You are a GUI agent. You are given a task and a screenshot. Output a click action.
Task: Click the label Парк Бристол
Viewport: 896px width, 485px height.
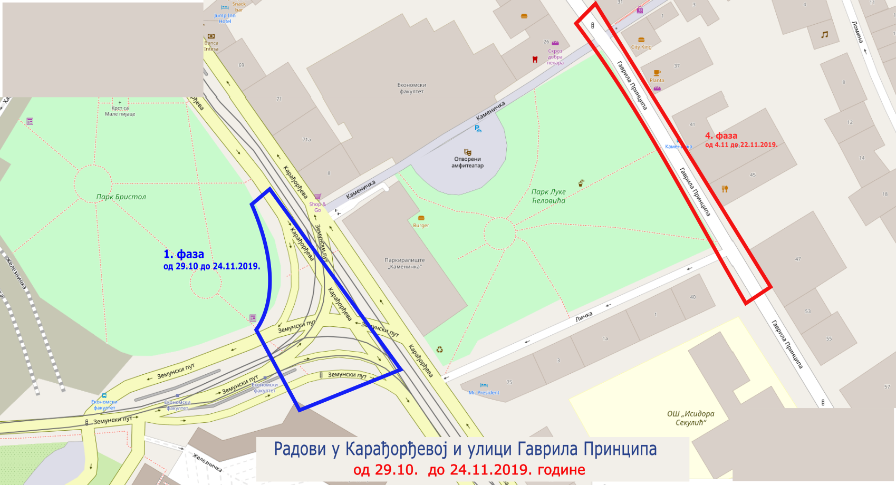point(121,197)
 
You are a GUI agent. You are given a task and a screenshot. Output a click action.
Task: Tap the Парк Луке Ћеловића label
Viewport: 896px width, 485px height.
point(548,196)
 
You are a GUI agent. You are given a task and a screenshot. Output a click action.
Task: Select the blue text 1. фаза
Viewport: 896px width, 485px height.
point(184,254)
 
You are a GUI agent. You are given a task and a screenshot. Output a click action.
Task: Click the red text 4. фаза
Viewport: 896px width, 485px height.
point(721,135)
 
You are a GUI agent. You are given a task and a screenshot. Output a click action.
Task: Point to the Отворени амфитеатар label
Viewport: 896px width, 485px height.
point(467,162)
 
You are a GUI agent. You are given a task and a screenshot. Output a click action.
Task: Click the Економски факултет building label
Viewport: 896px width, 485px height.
point(411,88)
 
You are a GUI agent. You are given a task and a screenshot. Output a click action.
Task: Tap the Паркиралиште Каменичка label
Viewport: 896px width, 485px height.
point(404,263)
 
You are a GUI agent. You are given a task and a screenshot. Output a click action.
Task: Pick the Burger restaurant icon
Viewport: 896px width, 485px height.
point(421,218)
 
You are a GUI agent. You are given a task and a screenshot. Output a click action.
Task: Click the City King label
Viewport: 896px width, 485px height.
point(641,47)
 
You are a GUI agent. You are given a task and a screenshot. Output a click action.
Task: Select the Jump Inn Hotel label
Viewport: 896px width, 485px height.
point(225,18)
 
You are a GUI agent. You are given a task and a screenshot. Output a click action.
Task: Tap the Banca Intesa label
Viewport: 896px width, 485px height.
point(211,46)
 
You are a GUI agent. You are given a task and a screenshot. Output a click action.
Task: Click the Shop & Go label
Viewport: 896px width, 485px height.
point(317,207)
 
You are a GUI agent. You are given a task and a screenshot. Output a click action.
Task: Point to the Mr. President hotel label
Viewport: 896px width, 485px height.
point(484,392)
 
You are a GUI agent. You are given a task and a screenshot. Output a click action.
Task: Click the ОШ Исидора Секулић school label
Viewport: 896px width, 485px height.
point(690,418)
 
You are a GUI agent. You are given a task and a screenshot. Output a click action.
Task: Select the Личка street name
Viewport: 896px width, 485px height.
point(584,316)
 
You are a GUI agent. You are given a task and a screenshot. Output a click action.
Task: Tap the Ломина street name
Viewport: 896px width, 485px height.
point(858,32)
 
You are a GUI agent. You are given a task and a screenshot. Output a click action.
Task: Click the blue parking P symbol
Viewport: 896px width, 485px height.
point(478,129)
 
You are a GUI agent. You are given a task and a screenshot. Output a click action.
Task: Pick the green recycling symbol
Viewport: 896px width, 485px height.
point(439,350)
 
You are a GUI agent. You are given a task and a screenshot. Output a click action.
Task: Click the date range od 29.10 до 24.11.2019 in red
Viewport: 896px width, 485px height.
point(469,469)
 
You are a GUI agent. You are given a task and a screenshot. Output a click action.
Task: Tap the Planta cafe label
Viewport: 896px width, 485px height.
point(657,80)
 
